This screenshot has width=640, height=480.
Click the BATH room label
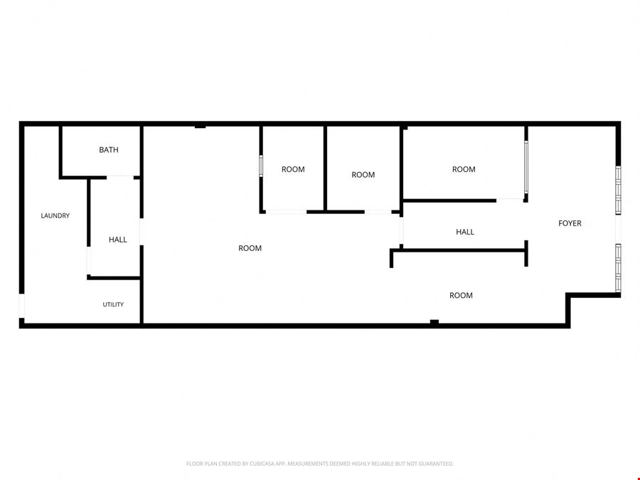pyautogui.click(x=109, y=150)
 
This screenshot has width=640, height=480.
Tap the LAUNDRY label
pyautogui.click(x=55, y=215)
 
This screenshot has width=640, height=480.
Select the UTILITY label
pyautogui.click(x=113, y=304)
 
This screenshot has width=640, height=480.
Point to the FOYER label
pyautogui.click(x=570, y=223)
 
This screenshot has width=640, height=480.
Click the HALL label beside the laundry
pyautogui.click(x=117, y=240)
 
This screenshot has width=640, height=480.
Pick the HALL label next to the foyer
pyautogui.click(x=465, y=232)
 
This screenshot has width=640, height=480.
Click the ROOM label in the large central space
pyautogui.click(x=250, y=248)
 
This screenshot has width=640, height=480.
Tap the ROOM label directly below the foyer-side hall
pyautogui.click(x=461, y=296)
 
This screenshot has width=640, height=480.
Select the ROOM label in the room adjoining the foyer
pyautogui.click(x=464, y=169)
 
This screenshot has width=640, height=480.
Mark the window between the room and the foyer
pyautogui.click(x=526, y=167)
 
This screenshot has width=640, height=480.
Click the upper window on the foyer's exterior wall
pyautogui.click(x=618, y=190)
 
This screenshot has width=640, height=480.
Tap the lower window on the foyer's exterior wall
pyautogui.click(x=618, y=268)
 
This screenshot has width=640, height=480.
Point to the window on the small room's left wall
pyautogui.click(x=261, y=166)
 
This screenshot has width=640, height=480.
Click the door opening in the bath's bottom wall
pyautogui.click(x=120, y=178)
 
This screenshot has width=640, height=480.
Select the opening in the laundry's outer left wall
pyautogui.click(x=21, y=306)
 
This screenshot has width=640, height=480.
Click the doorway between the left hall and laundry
pyautogui.click(x=89, y=261)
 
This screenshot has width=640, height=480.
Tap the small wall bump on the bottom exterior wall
pyautogui.click(x=434, y=322)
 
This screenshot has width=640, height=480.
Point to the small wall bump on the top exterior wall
pyautogui.click(x=200, y=127)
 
